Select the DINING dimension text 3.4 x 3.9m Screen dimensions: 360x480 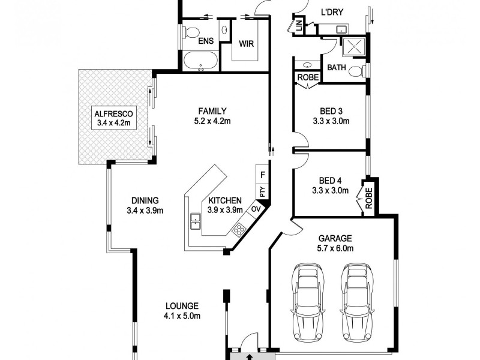click(x=145, y=211)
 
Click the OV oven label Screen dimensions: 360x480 click(x=255, y=209)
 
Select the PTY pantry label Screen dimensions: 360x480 click(x=262, y=192)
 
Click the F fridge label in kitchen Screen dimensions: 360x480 click(x=262, y=175)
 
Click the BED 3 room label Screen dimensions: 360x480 click(x=331, y=111)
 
